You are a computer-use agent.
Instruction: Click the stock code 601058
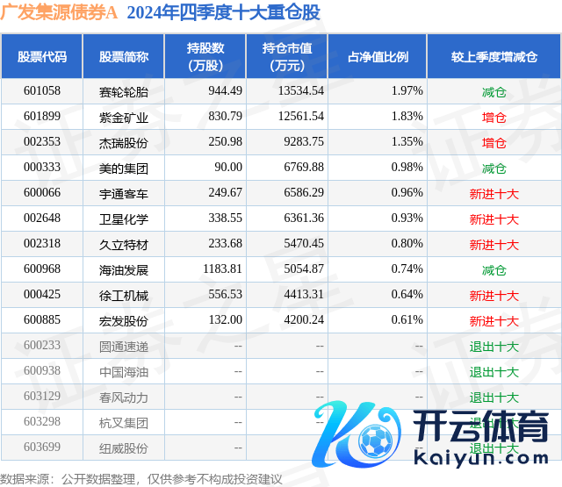pyautogui.click(x=41, y=91)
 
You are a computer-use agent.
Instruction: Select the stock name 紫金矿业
pyautogui.click(x=124, y=117)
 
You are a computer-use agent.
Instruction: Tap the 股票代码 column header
pyautogui.click(x=41, y=57)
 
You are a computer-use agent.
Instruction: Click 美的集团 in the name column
pyautogui.click(x=124, y=168)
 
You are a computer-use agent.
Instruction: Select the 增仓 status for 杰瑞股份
pyautogui.click(x=494, y=142)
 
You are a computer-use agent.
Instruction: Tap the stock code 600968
pyautogui.click(x=41, y=270)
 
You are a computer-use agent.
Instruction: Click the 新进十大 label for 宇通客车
pyautogui.click(x=494, y=193)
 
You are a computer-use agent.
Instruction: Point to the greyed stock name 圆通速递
pyautogui.click(x=124, y=347)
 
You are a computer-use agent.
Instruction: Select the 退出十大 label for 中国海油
pyautogui.click(x=494, y=372)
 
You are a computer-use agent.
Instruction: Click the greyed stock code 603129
pyautogui.click(x=41, y=397)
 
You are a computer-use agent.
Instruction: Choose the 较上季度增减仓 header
pyautogui.click(x=494, y=57)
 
